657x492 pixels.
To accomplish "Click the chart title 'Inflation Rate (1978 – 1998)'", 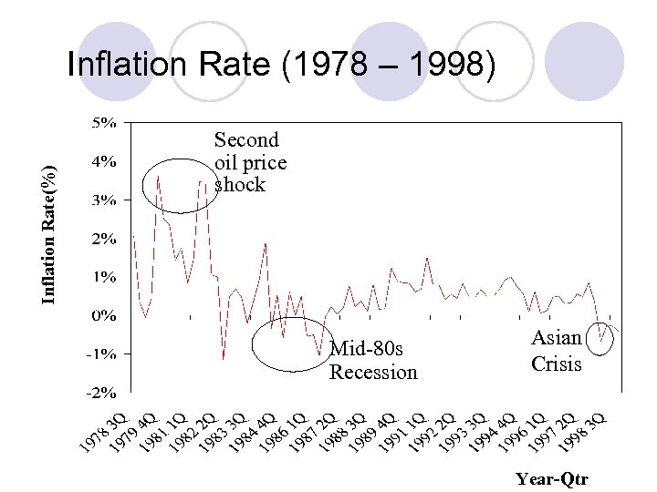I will click(x=283, y=66).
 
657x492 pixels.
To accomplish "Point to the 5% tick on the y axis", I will click(x=101, y=121).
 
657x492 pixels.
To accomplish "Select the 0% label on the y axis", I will click(x=101, y=316).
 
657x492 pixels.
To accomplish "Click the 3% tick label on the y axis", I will click(x=101, y=200).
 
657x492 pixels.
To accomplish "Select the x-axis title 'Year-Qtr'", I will click(x=552, y=478).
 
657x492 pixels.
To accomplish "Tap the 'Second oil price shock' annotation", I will click(x=249, y=162).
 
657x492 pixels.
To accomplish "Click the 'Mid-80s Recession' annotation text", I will click(x=373, y=360).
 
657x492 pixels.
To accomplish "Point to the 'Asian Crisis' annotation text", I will click(x=556, y=351).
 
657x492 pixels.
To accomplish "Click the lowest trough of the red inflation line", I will click(x=223, y=359).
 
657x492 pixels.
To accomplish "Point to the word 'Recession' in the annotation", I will click(x=373, y=372).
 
